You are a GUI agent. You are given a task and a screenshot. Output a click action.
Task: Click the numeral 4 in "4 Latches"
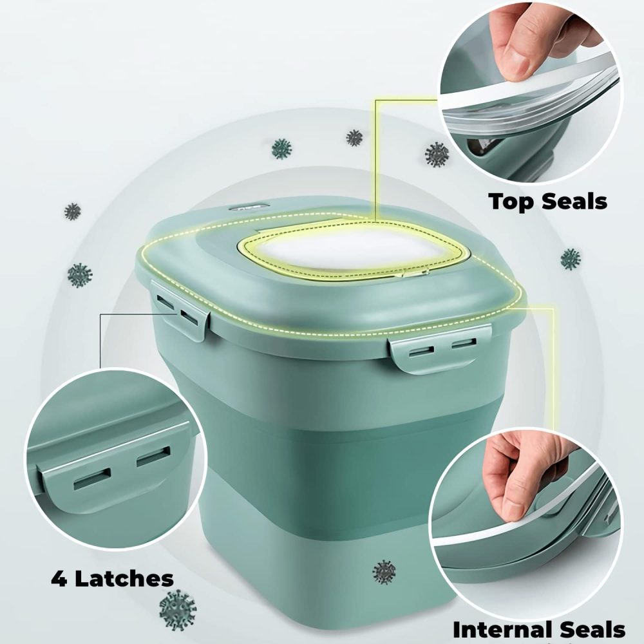(x=59, y=579)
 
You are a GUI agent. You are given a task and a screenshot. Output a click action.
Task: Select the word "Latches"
(x=124, y=579)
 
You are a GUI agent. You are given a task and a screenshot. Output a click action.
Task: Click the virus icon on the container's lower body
(x=384, y=571)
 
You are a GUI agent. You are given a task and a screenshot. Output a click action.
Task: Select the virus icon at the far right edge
(x=571, y=259)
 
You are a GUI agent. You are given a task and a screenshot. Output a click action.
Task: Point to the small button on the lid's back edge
(x=250, y=208)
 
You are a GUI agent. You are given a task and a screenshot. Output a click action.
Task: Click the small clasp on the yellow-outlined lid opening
(x=415, y=272)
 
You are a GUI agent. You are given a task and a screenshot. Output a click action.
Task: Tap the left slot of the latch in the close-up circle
(x=92, y=479)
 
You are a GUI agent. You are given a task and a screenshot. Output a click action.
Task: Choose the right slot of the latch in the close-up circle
(x=153, y=457)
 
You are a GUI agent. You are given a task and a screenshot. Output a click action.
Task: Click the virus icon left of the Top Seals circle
(x=437, y=155)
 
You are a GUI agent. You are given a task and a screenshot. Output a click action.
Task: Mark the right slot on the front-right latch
(x=464, y=342)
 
